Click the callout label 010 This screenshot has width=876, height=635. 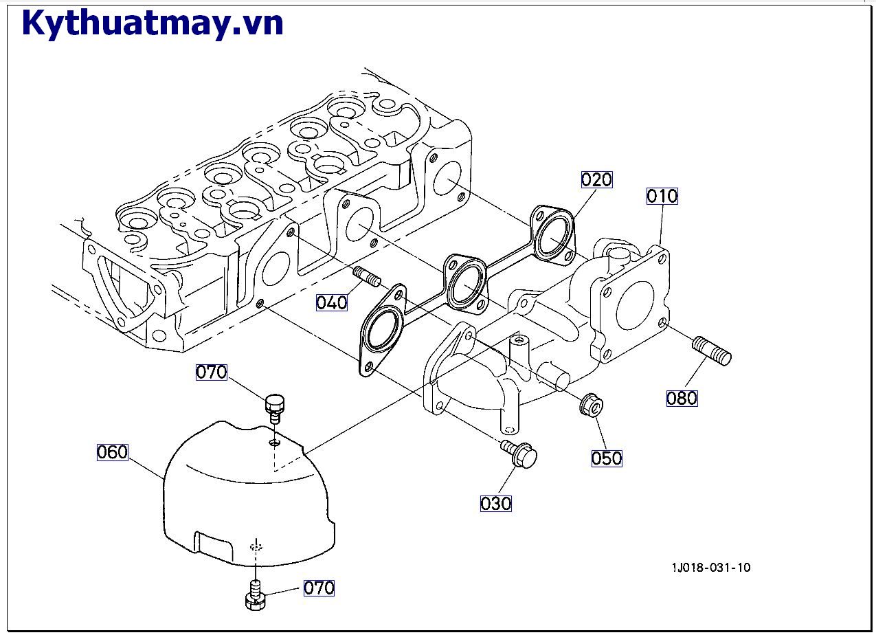(662, 197)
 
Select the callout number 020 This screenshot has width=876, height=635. (596, 180)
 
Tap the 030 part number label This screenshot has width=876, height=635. (495, 504)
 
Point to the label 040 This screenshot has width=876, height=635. (331, 302)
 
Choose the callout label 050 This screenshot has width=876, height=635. (607, 458)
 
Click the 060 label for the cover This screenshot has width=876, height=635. (113, 452)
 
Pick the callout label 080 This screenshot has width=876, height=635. (682, 398)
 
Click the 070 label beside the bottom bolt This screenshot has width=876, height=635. (319, 588)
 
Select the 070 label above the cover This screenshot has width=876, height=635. (211, 372)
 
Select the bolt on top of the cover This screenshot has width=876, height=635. (276, 405)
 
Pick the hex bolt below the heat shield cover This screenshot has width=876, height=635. (255, 596)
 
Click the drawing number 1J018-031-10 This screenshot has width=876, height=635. (711, 568)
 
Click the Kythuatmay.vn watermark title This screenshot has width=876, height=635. (153, 23)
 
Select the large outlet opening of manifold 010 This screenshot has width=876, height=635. (636, 305)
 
